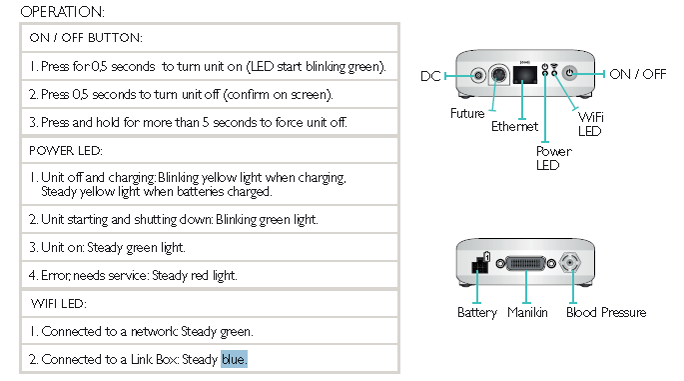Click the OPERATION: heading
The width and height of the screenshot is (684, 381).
(62, 12)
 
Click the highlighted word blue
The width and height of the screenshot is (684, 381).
(234, 358)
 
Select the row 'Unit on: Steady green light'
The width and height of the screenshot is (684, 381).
(106, 247)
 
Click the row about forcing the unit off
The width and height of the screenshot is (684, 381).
(177, 122)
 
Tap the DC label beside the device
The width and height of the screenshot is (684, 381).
(429, 76)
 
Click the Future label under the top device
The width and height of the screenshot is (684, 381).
(466, 114)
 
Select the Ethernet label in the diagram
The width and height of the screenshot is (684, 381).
(514, 127)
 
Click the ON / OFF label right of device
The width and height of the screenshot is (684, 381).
(640, 75)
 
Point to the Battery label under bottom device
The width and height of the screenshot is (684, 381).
(476, 313)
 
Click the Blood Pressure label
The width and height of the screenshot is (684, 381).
(605, 313)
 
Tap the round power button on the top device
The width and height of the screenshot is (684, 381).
(571, 73)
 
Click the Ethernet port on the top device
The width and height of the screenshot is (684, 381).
(521, 76)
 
